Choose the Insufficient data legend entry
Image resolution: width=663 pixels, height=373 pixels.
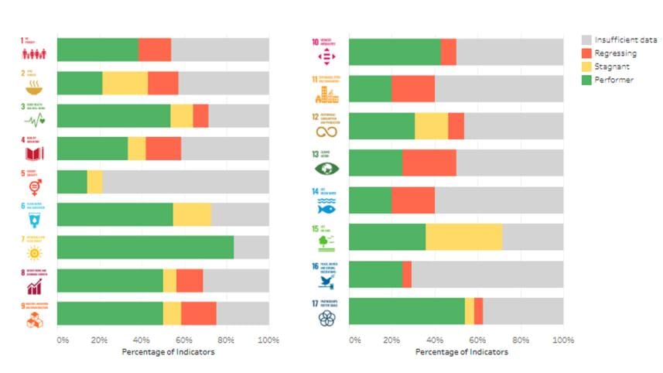coord(619,39)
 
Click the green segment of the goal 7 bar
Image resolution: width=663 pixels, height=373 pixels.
coord(145,247)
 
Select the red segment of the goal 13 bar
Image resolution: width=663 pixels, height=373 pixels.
coord(429,163)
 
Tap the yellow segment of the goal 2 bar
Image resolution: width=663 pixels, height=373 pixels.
coord(125,83)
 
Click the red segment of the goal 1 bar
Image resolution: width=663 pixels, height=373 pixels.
coord(155,50)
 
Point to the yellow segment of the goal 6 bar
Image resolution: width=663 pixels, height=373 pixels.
coord(192,214)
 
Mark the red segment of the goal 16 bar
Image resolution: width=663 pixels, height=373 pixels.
coord(407,274)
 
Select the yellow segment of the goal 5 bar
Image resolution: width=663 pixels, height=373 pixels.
coord(94,181)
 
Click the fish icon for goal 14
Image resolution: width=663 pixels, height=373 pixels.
coord(325,207)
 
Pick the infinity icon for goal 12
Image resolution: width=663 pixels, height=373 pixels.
coord(326,132)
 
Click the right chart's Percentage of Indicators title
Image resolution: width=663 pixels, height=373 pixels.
coord(461,352)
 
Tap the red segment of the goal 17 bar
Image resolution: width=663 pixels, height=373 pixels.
coord(478,311)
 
